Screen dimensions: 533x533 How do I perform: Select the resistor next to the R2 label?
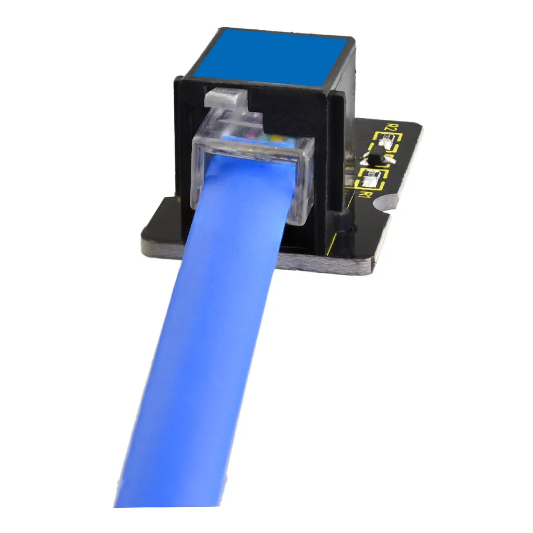tap(388, 141)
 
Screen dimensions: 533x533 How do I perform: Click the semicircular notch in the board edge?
tap(385, 204)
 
